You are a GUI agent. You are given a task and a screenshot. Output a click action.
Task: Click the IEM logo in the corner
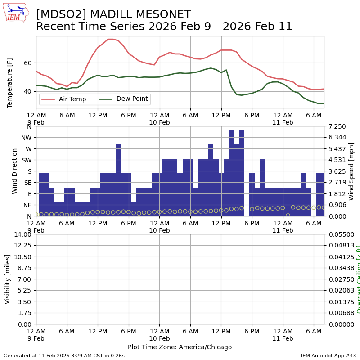16,13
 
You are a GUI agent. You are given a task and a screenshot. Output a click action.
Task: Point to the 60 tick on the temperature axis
29,63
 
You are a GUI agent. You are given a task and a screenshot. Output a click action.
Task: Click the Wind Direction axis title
15,171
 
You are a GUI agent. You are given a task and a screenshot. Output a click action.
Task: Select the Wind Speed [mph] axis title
351,171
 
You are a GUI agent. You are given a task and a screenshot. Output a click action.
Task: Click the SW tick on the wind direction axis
27,160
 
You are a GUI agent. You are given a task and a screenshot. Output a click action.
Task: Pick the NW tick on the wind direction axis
27,138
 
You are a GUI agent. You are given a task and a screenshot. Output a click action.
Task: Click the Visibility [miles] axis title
8,279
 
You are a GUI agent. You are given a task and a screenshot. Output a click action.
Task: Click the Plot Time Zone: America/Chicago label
180,347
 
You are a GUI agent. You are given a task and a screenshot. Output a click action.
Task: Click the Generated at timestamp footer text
64,355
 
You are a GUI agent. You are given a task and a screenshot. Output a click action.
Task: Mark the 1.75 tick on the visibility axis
25,313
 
